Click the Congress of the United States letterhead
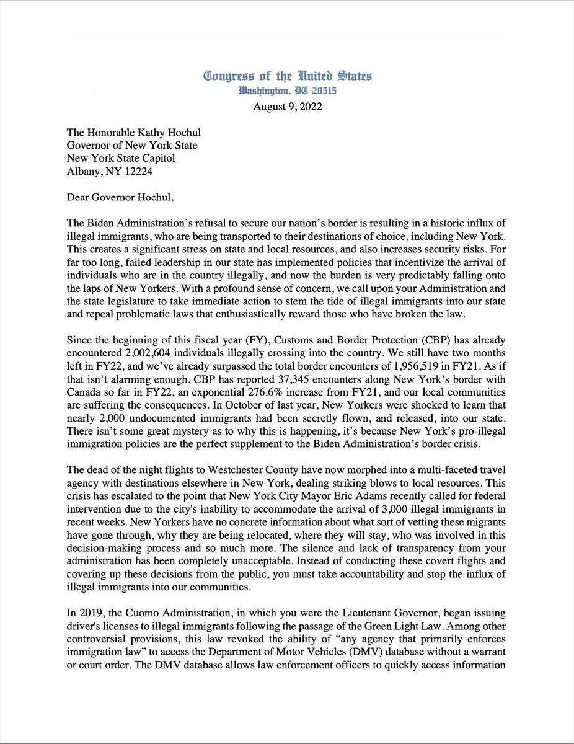click(x=288, y=77)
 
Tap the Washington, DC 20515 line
click(x=288, y=91)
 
